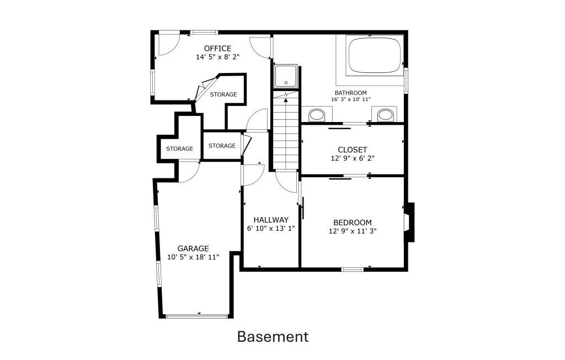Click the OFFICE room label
point(217,49)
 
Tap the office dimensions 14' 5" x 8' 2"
point(217,57)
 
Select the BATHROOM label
point(350,93)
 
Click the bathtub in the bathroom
point(375,55)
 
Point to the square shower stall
point(286,76)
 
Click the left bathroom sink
point(317,115)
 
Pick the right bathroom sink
point(385,114)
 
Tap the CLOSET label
point(353,150)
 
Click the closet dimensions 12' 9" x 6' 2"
point(353,158)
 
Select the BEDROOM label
point(353,223)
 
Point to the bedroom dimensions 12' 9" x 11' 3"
point(353,231)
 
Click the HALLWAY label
point(271,220)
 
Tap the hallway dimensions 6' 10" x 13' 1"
point(271,229)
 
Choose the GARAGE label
point(193,248)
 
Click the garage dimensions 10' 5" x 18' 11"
point(193,257)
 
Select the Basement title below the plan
point(273,337)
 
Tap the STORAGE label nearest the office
point(223,94)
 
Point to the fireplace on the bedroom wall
point(409,222)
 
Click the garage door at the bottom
point(197,316)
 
